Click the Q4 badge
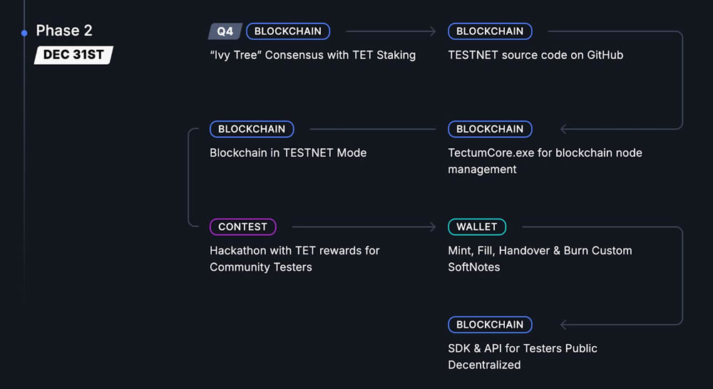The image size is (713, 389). [225, 31]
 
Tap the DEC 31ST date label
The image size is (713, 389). [73, 55]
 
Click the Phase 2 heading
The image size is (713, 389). [64, 31]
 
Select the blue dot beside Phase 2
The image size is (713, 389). [25, 32]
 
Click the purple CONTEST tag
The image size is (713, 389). [242, 227]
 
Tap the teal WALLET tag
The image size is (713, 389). [477, 227]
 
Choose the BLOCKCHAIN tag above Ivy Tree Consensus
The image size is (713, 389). [288, 31]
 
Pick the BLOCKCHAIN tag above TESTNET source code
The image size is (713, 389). [490, 31]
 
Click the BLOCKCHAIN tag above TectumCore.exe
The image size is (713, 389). [490, 129]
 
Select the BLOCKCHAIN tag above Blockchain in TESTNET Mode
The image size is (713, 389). [252, 129]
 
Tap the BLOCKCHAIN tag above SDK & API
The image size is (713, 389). [490, 324]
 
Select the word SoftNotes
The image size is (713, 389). [474, 267]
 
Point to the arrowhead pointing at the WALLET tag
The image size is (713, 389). [432, 227]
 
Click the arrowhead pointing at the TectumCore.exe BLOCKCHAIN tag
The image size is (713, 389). [564, 129]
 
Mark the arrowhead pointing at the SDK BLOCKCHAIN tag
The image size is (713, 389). [564, 324]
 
